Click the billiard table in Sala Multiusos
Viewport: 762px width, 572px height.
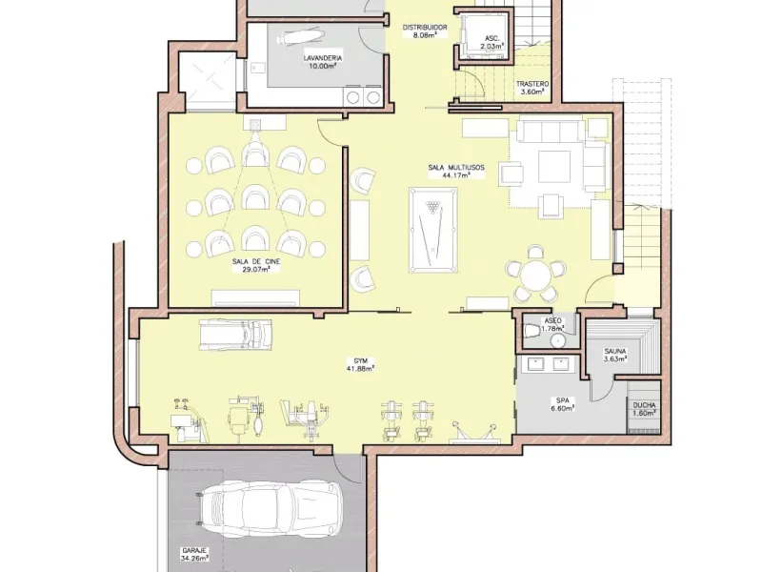tap(433, 230)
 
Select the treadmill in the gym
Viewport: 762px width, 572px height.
tap(235, 335)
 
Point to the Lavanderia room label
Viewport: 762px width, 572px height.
tap(323, 58)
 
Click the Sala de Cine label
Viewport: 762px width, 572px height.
tap(256, 261)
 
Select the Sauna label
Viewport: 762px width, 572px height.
tap(615, 351)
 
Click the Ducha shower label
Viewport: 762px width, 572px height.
tap(645, 405)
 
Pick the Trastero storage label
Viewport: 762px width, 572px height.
tap(532, 84)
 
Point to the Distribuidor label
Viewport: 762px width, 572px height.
tap(425, 28)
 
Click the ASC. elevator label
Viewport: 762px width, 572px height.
tap(491, 38)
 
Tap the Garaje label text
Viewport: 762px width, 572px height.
tap(195, 551)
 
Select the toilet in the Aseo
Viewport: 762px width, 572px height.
tap(531, 331)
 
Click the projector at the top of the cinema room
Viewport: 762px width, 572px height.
tap(254, 125)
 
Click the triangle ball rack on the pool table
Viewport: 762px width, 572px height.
tap(432, 208)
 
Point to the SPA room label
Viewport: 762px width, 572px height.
tap(563, 400)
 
